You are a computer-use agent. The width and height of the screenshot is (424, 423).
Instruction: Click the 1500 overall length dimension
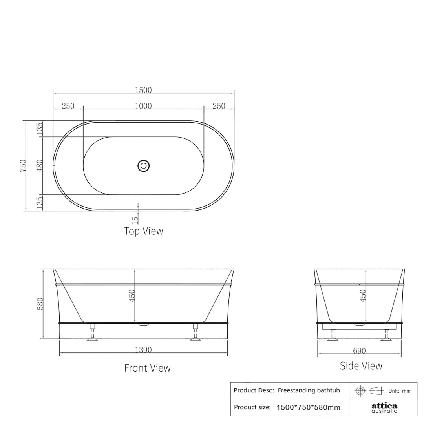(143, 90)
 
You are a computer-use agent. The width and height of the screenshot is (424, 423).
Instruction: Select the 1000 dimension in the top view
(143, 106)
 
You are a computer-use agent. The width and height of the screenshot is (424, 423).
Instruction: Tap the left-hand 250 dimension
(68, 106)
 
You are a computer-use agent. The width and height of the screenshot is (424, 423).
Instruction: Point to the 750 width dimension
(23, 165)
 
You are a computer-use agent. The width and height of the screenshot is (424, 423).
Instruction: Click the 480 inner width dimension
(39, 165)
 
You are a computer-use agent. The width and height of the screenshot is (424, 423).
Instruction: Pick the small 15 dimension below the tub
(135, 220)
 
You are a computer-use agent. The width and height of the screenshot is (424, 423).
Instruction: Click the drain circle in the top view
(144, 165)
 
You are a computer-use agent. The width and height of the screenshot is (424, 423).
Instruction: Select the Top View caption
(143, 231)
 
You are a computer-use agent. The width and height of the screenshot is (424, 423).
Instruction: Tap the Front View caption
(147, 368)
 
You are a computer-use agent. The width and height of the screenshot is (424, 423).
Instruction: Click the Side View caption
(361, 366)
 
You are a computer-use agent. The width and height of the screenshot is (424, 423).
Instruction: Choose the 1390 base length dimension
(143, 350)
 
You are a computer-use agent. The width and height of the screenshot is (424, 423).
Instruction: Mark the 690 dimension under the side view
(359, 351)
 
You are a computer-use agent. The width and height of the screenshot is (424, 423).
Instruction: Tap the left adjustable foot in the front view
(93, 333)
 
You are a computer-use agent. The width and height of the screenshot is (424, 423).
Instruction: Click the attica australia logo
(384, 408)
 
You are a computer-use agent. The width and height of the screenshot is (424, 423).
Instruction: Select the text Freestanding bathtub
(309, 390)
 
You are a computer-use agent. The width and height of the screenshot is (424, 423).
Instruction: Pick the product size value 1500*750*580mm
(308, 407)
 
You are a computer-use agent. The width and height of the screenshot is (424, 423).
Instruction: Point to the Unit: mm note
(399, 391)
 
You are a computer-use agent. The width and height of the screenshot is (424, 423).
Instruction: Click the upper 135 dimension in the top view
(39, 129)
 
